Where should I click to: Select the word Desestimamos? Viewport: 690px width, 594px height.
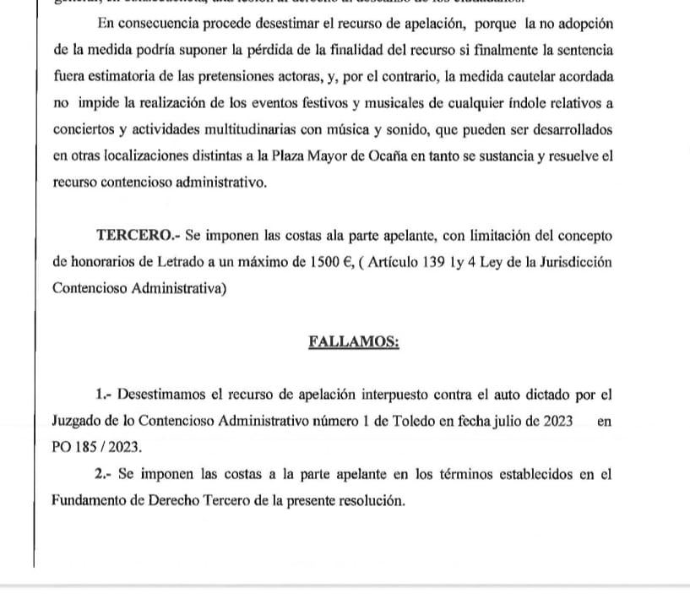point(163,394)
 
